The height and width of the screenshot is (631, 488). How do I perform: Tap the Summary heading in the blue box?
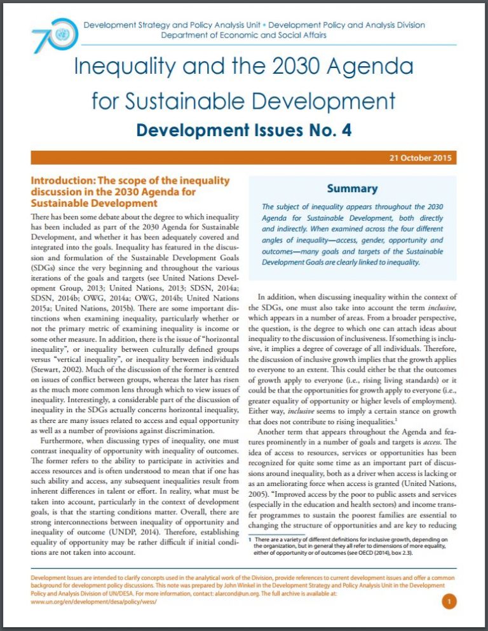click(x=351, y=188)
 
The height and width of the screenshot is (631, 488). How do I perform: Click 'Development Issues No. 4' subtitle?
click(x=243, y=130)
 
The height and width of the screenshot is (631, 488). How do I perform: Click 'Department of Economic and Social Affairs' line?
click(x=244, y=35)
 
